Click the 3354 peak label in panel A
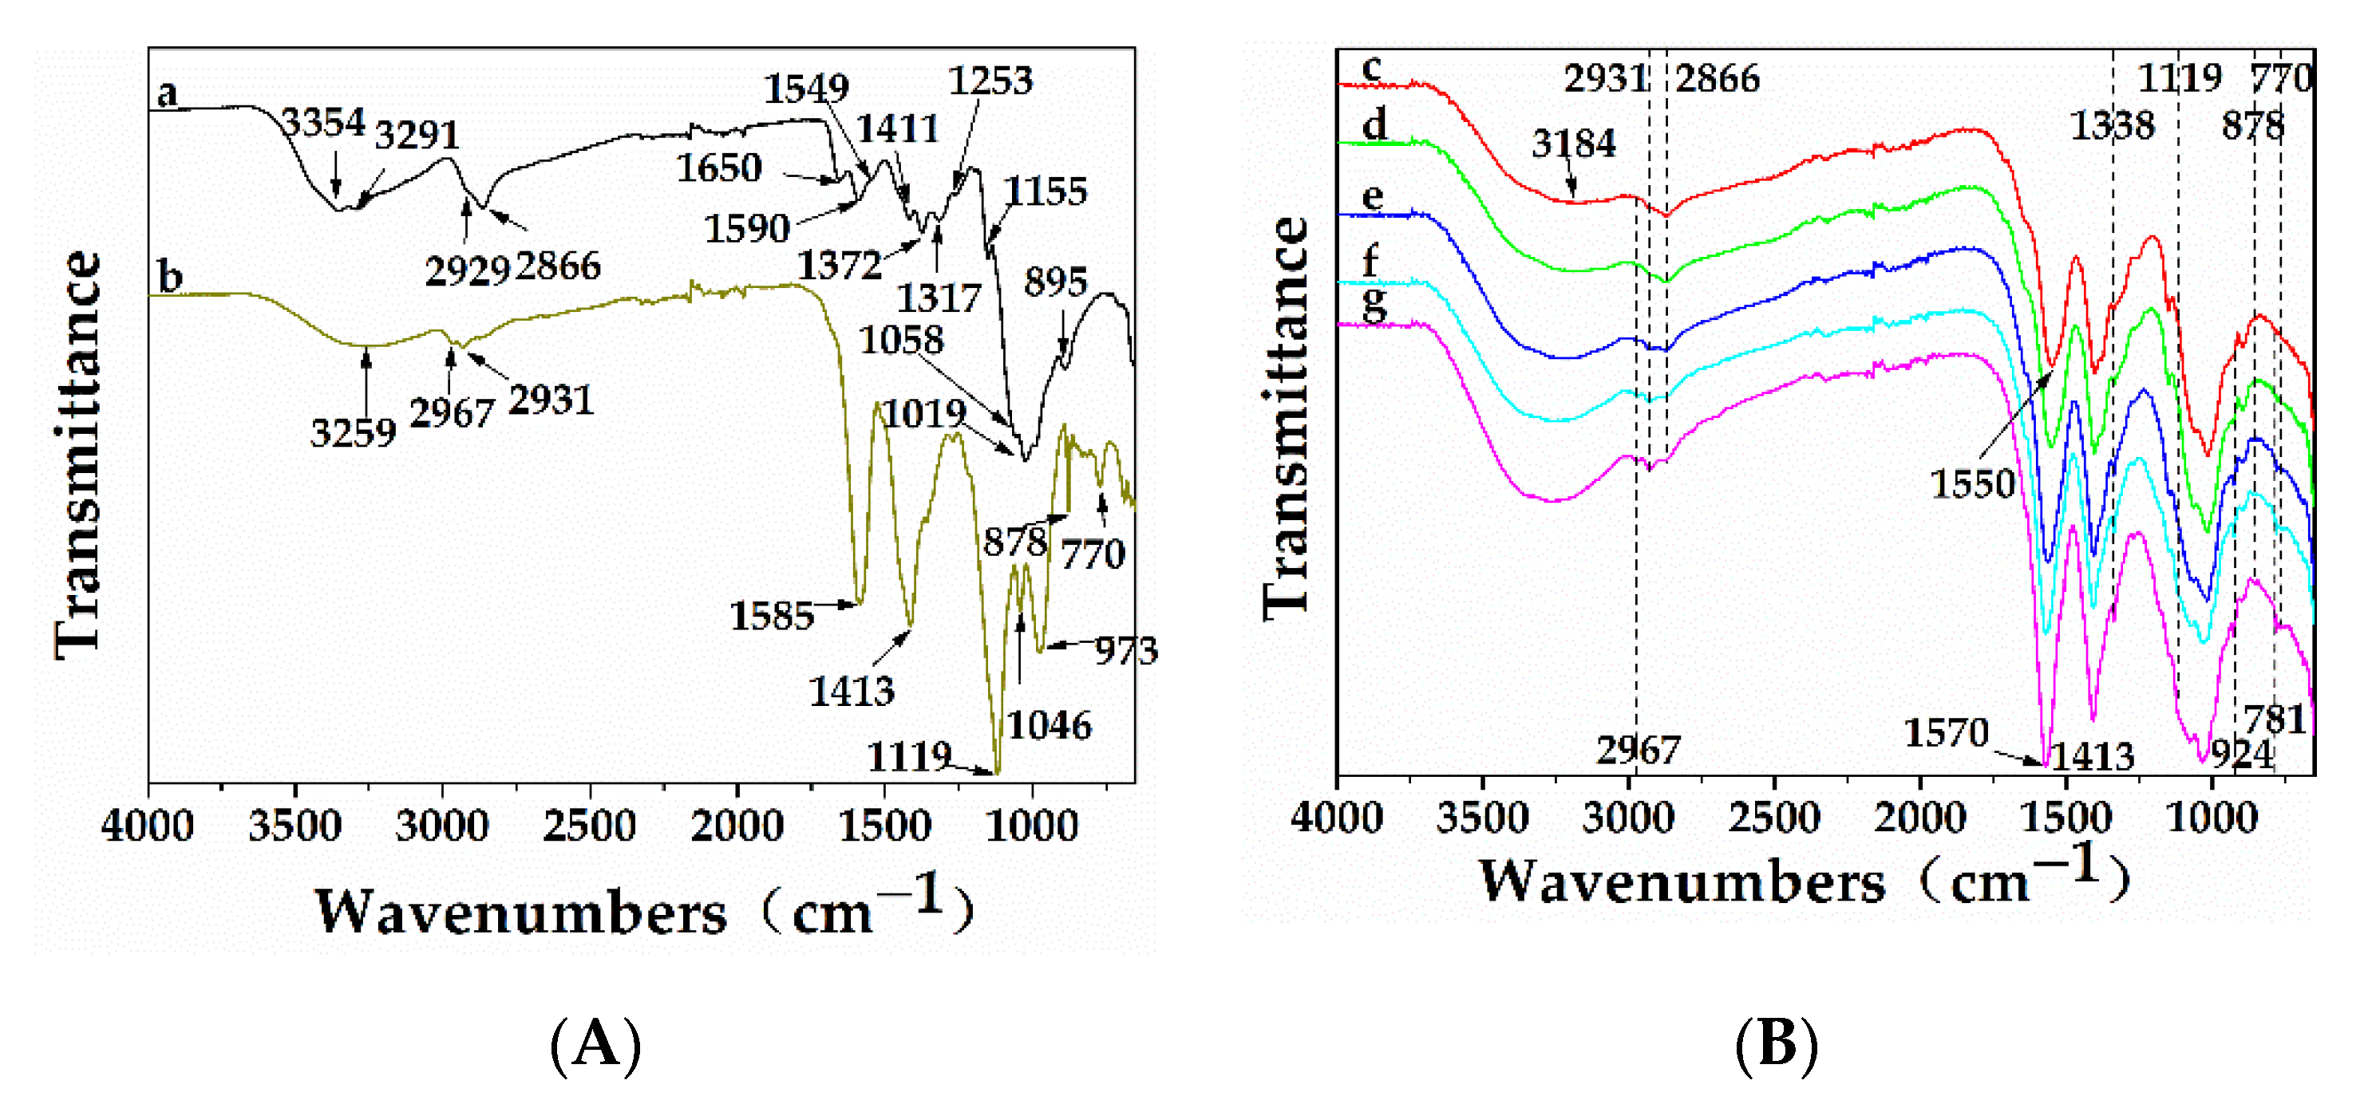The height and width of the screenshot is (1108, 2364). (323, 121)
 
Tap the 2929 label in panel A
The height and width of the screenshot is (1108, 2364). (466, 270)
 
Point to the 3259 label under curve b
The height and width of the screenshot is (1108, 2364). (354, 433)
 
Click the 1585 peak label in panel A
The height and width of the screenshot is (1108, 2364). (772, 616)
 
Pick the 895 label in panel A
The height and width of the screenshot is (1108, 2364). (1055, 282)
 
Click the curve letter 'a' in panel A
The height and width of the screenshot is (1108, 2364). (167, 93)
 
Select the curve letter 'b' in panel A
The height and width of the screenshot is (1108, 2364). (170, 276)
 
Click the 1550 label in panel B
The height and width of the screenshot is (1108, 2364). (1972, 483)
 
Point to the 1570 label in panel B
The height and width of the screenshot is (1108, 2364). (1946, 733)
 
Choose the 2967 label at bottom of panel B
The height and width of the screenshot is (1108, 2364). (1637, 751)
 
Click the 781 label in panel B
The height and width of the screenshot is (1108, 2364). (2275, 719)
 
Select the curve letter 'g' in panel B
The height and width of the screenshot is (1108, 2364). (1374, 304)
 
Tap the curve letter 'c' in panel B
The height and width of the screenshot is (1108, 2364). (1372, 68)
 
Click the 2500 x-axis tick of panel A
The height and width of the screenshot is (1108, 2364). (589, 826)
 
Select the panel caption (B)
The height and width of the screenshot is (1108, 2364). (1776, 1044)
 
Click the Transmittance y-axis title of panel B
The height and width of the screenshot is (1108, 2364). (1287, 417)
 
